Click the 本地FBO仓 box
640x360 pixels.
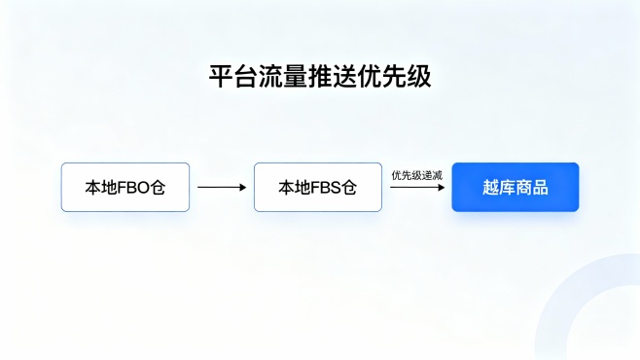[x=125, y=187]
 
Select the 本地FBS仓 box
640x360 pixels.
[x=317, y=187]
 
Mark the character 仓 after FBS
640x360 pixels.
[x=349, y=187]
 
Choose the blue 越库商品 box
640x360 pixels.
[x=515, y=187]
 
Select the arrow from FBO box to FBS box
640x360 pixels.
[x=221, y=187]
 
